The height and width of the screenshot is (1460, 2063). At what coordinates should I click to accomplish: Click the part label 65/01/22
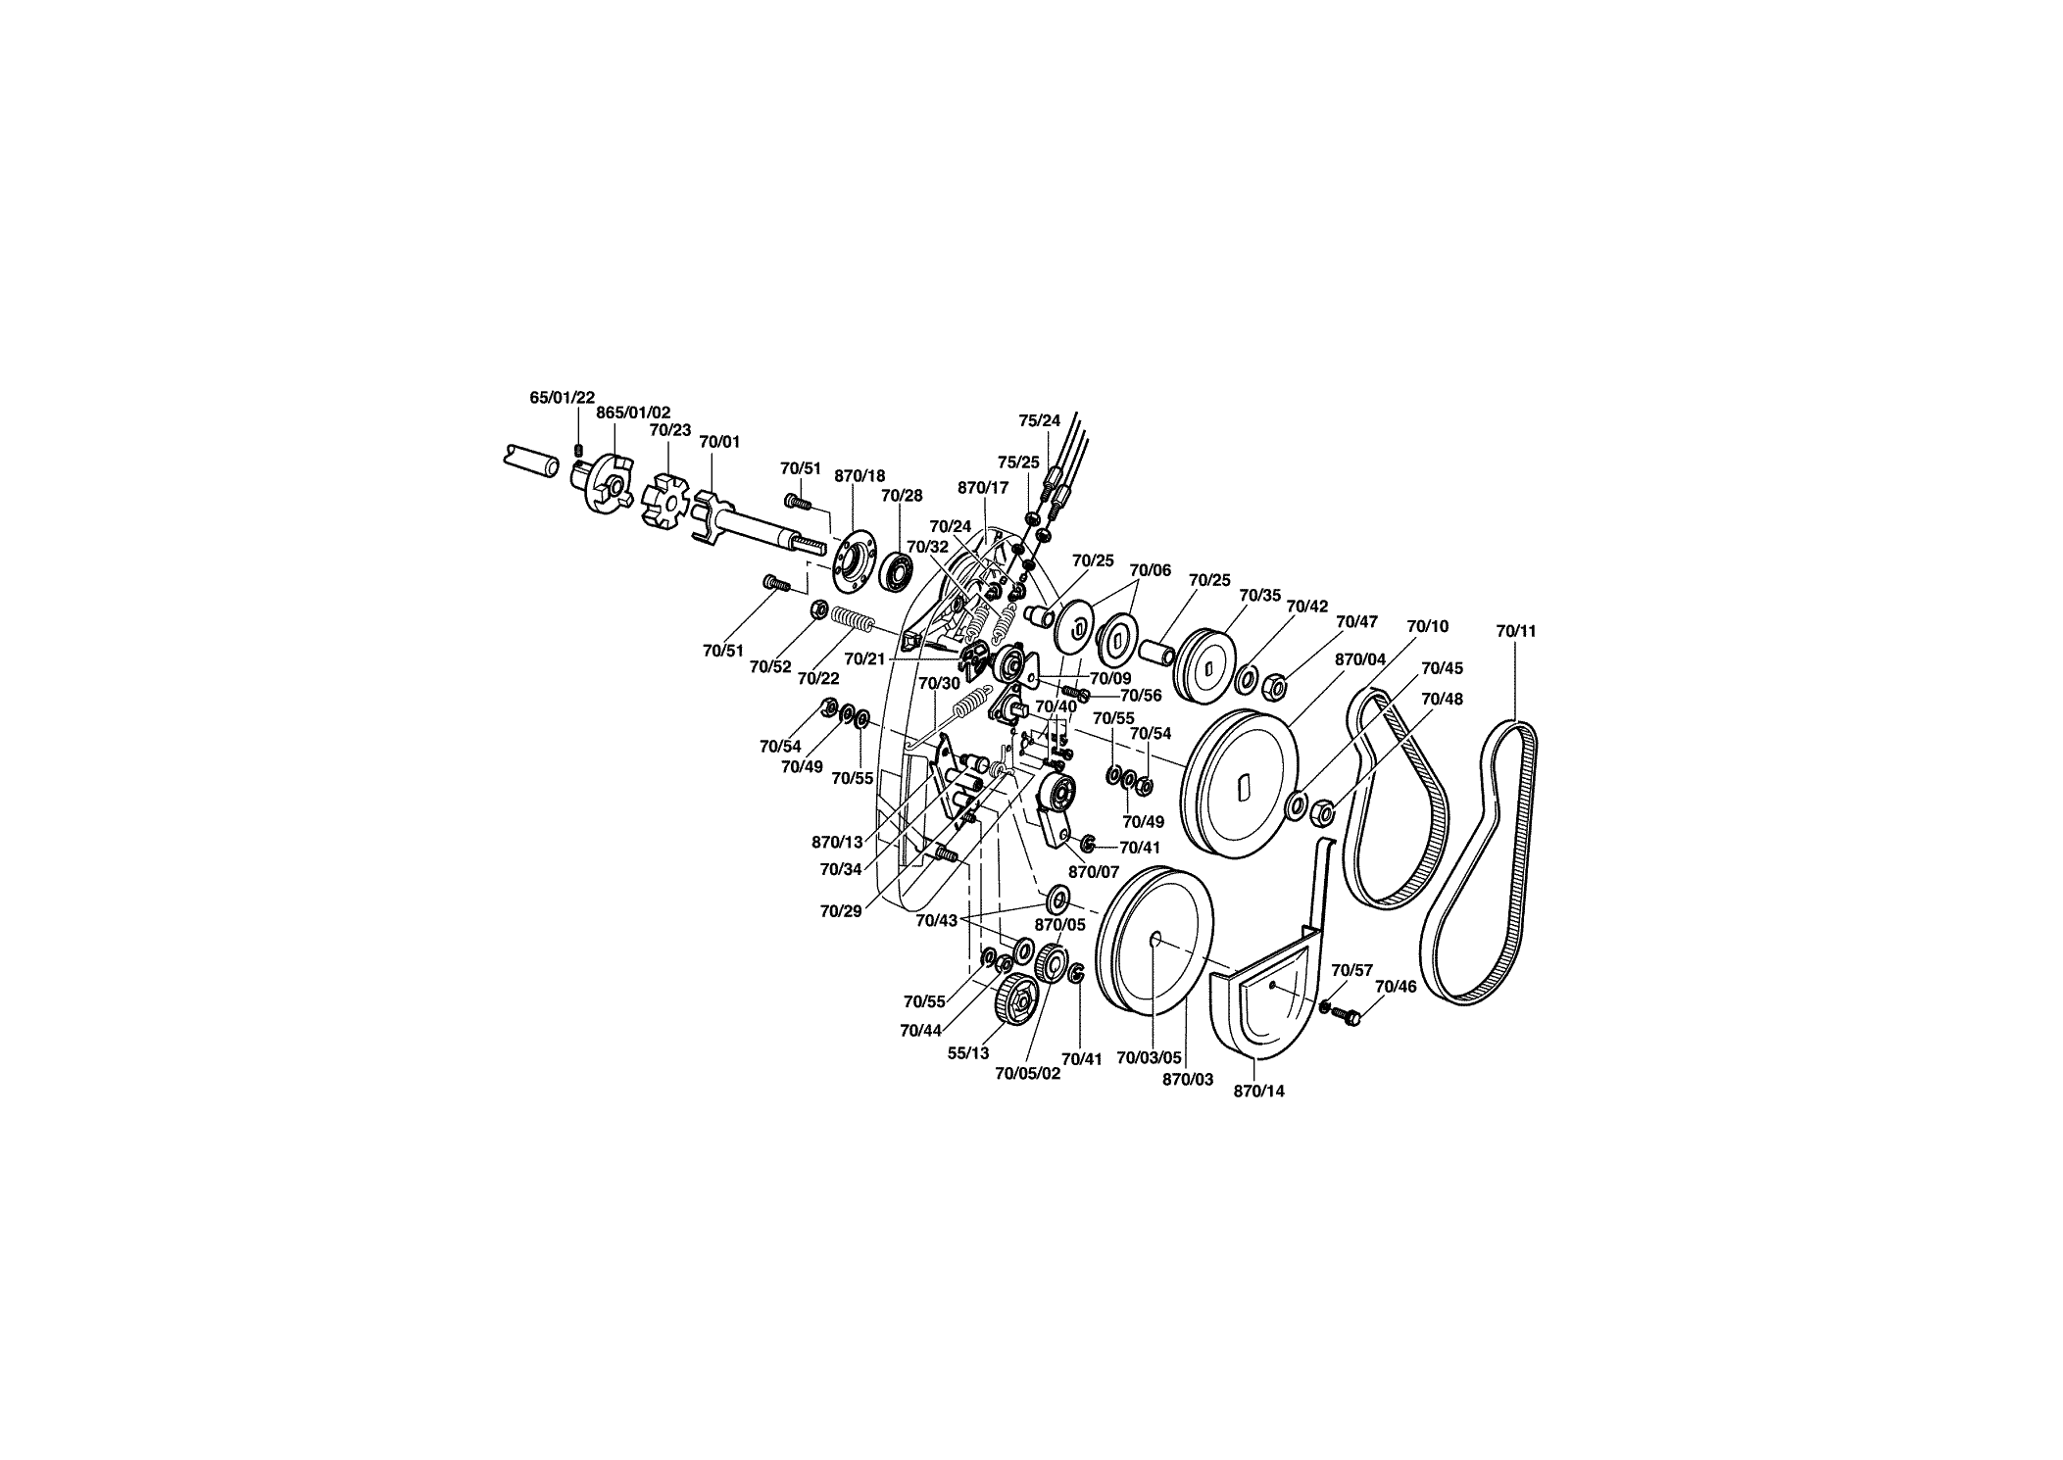point(562,397)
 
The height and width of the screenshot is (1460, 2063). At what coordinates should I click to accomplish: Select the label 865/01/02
point(633,413)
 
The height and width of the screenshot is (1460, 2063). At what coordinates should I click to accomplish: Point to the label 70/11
point(1516,631)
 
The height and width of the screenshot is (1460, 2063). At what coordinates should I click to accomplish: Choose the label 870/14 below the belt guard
point(1258,1091)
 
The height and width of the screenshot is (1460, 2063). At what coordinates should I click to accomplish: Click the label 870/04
point(1360,659)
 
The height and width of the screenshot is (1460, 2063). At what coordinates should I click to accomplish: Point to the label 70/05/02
point(1028,1073)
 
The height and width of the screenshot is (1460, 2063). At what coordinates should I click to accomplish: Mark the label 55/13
point(968,1053)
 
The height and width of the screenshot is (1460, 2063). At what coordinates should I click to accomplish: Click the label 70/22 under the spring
point(818,677)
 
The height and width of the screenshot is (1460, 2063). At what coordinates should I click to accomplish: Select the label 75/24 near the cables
point(1040,420)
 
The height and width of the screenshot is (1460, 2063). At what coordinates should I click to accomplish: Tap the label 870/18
point(860,476)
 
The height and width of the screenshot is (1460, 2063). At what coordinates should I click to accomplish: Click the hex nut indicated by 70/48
point(1320,811)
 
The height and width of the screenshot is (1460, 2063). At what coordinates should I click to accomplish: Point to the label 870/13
point(837,842)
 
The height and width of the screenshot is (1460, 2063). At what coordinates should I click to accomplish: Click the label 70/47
point(1356,621)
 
